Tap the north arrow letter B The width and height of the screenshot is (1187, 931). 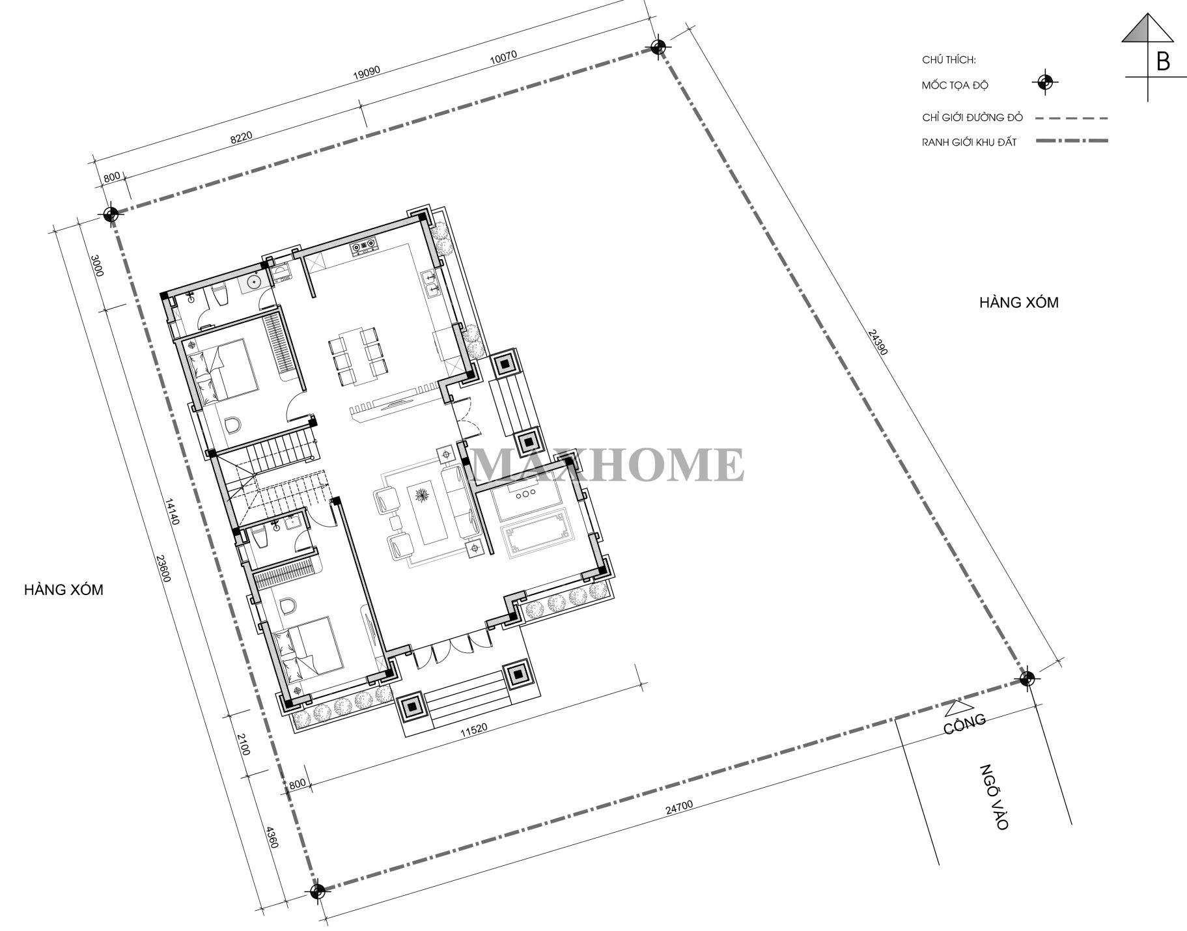click(1163, 61)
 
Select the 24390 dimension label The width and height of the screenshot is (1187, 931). click(878, 342)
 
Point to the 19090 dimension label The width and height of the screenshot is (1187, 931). click(366, 72)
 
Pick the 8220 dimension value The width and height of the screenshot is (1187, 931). click(241, 137)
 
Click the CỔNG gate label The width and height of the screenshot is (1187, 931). click(965, 724)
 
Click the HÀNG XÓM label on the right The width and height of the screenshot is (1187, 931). click(1019, 303)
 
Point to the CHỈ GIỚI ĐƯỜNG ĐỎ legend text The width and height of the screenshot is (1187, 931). click(973, 118)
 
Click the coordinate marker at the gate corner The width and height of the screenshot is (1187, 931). click(1026, 679)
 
